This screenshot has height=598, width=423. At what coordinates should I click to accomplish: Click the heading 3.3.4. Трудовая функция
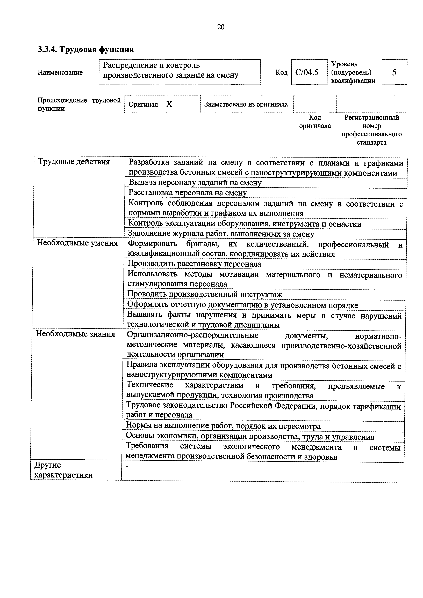(86, 49)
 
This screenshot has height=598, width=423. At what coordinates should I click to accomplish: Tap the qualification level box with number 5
(394, 72)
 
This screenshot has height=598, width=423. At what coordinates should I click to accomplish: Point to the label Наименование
(60, 72)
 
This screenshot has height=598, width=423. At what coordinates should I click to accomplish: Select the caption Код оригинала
(315, 122)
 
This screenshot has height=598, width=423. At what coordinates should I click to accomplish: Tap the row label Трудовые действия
(74, 162)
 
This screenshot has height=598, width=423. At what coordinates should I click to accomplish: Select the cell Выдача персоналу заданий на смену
(195, 183)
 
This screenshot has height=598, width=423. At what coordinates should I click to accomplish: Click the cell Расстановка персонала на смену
(188, 193)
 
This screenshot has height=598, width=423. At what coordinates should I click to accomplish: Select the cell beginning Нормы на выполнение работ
(223, 426)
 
